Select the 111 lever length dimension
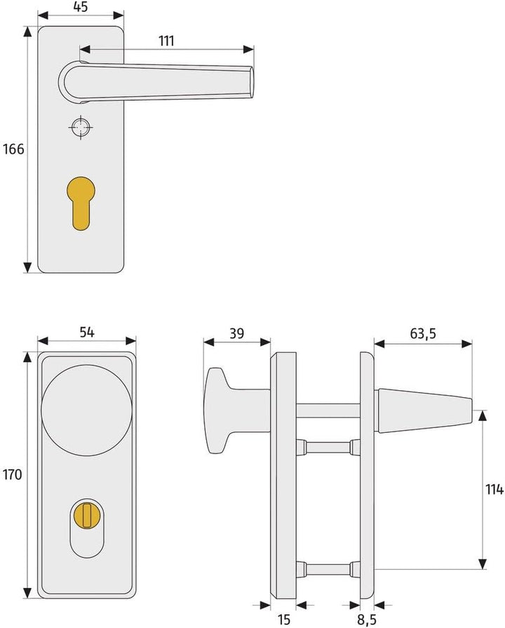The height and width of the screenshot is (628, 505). coord(166,41)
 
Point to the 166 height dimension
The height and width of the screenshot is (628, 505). coord(13,149)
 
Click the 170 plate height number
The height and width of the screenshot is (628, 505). coord(13,474)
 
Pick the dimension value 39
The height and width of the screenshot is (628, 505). coord(236,334)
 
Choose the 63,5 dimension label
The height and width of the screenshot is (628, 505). coord(423,334)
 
